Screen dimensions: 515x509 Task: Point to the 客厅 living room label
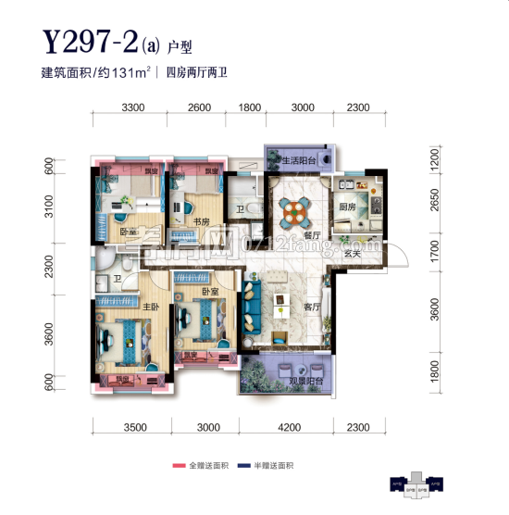[311, 307]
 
